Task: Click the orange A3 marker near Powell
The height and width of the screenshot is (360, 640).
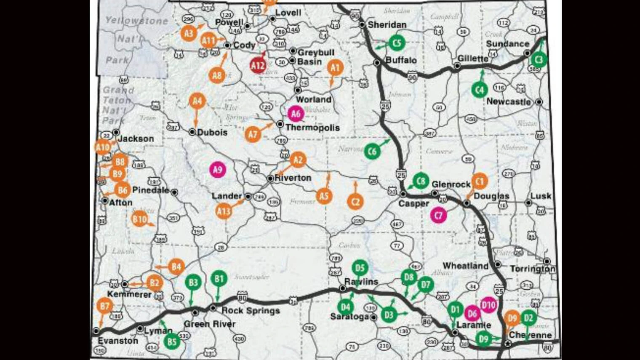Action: [x=189, y=33]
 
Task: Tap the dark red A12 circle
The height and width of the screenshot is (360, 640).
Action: [x=258, y=65]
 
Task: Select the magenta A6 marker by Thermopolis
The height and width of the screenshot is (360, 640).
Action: [x=296, y=113]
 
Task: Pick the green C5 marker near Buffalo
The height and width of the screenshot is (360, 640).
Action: [x=397, y=43]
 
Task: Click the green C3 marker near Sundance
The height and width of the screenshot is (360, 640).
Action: [x=539, y=59]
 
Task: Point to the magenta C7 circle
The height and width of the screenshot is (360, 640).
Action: [x=438, y=216]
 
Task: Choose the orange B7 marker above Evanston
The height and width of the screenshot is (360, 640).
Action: [x=105, y=306]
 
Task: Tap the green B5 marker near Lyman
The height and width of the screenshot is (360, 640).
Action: [x=172, y=341]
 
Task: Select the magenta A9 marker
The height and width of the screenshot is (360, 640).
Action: [x=217, y=170]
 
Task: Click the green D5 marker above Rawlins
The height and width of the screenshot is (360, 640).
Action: [x=360, y=268]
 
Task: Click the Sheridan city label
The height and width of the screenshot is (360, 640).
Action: [x=387, y=25]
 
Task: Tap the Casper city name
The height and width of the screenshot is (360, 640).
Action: [x=413, y=204]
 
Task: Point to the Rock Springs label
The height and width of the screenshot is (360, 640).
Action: [x=251, y=311]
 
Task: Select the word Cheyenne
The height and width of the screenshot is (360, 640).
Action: [x=530, y=335]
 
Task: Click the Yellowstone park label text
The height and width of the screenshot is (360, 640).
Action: [x=136, y=20]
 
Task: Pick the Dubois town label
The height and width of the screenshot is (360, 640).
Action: [x=212, y=132]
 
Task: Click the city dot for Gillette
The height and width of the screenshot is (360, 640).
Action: [x=457, y=66]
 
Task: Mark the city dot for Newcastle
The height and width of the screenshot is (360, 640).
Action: [x=539, y=102]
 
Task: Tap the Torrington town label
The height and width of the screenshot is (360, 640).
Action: [x=532, y=269]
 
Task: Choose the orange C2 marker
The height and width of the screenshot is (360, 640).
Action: [x=356, y=202]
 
